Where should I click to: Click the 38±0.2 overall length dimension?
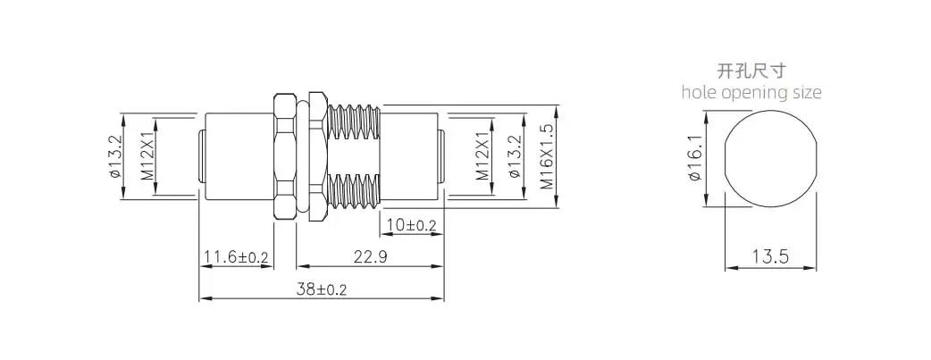[322, 290]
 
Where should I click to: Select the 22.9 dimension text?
[370, 257]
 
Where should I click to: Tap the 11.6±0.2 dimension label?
[236, 257]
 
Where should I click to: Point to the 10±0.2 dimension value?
[412, 225]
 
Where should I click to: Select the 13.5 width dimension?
[771, 257]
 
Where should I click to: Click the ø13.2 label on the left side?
[115, 156]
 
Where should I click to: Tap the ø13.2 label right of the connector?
[514, 156]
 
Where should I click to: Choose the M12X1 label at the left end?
[147, 156]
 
